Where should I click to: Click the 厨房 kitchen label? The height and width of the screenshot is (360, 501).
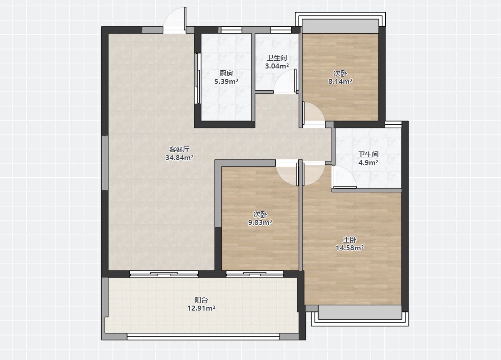click(x=226, y=73)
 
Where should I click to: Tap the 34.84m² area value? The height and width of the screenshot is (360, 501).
click(x=179, y=157)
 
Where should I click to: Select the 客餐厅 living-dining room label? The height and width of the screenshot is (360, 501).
click(x=179, y=149)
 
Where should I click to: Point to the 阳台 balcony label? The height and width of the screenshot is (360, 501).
click(x=201, y=300)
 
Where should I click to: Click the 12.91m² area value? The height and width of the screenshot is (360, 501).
click(x=201, y=308)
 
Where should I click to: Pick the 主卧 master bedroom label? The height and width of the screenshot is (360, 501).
click(x=349, y=240)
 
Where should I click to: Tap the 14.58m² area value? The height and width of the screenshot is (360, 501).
click(x=349, y=248)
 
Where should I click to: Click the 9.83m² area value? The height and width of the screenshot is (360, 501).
click(x=260, y=223)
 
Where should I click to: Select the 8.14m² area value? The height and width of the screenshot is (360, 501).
click(x=340, y=81)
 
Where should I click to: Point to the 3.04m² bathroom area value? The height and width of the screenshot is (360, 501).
click(x=277, y=66)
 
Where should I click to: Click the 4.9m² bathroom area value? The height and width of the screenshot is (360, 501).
click(x=368, y=162)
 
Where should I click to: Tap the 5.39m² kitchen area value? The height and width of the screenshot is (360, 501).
click(x=226, y=81)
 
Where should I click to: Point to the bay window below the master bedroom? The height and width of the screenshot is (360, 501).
click(x=360, y=316)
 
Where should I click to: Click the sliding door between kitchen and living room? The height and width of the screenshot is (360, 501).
click(x=198, y=78)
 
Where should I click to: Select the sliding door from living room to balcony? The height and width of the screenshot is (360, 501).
click(x=164, y=274)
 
